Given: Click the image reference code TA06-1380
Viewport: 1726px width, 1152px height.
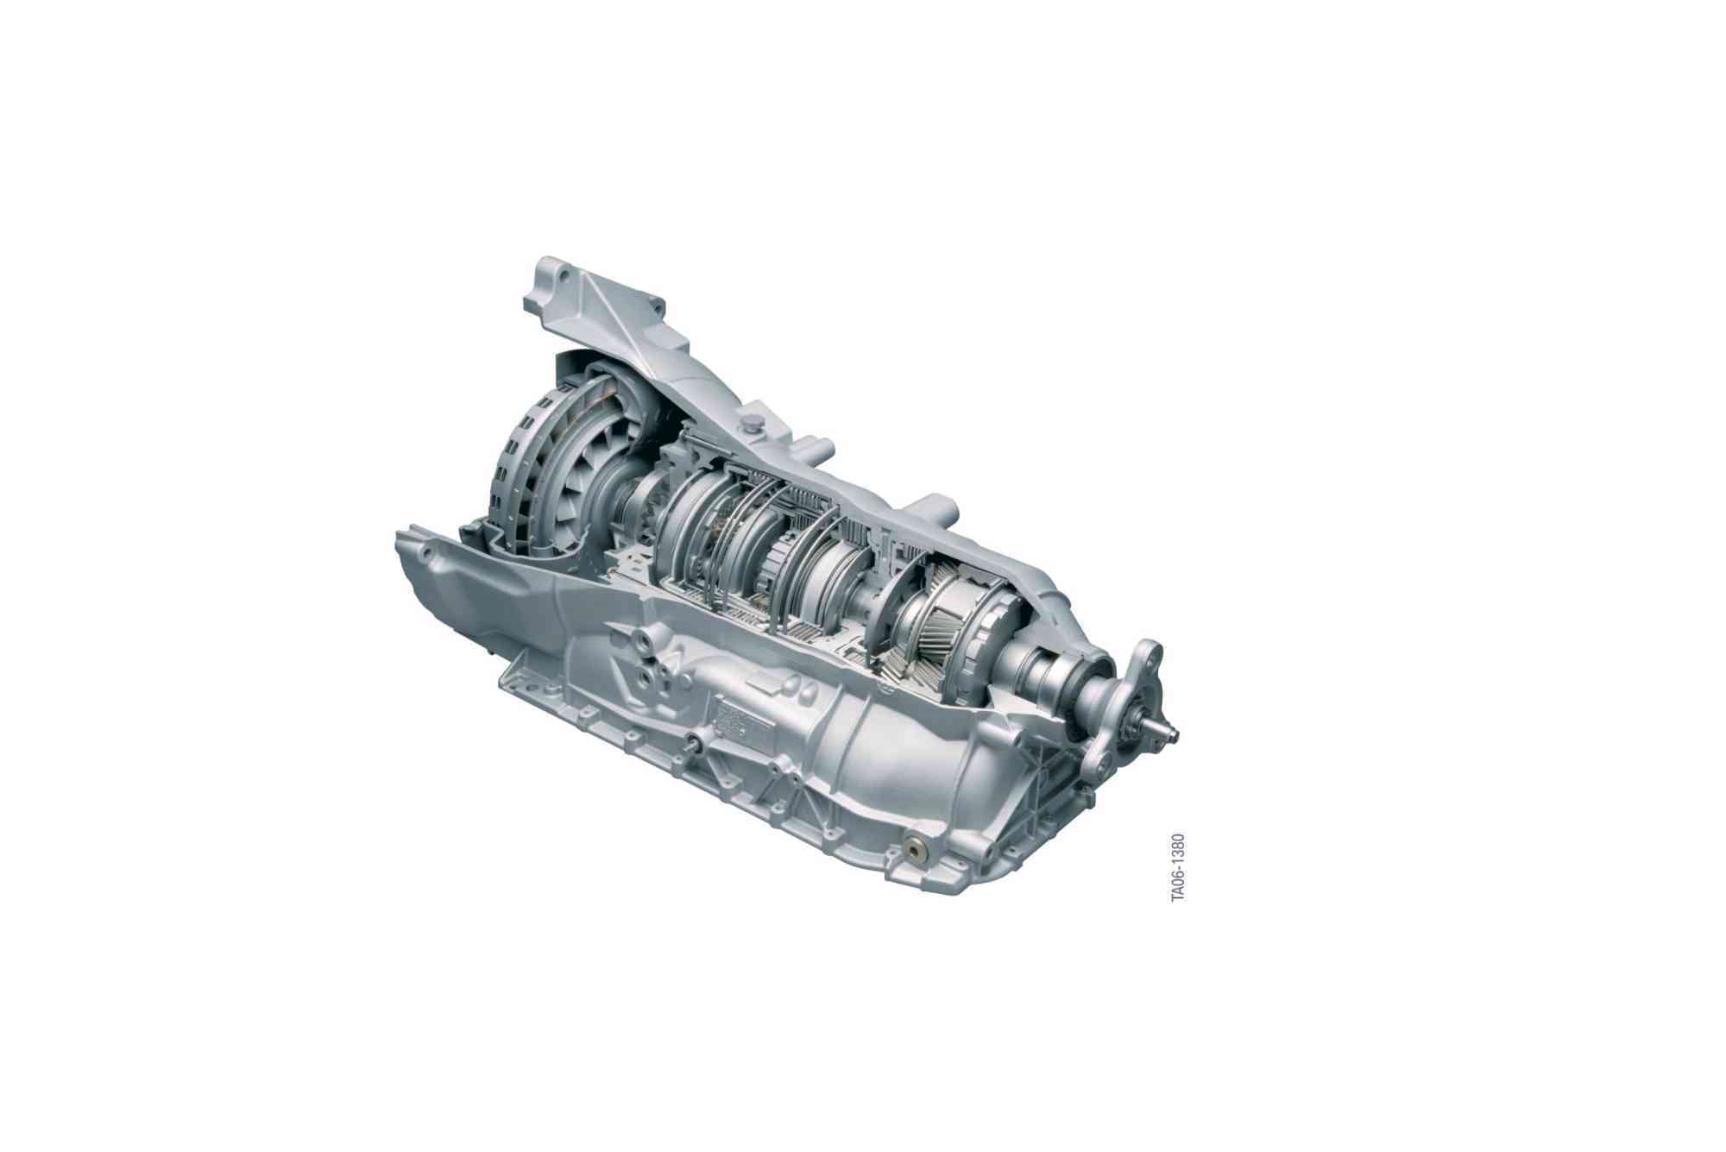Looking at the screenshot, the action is point(1178,868).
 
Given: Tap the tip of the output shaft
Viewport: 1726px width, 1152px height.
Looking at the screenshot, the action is point(1173,734).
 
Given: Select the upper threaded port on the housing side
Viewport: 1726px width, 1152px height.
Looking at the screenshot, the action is point(643,642).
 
